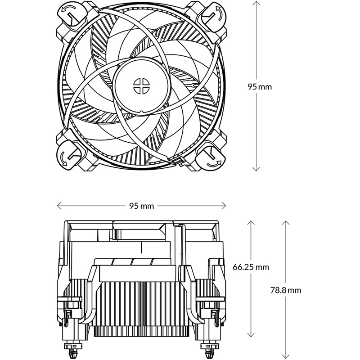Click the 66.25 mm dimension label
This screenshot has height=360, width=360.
(x=251, y=267)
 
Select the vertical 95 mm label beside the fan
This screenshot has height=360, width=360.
(x=260, y=86)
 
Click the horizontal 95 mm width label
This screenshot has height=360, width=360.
(x=141, y=206)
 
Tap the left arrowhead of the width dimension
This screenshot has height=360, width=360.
(x=58, y=206)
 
